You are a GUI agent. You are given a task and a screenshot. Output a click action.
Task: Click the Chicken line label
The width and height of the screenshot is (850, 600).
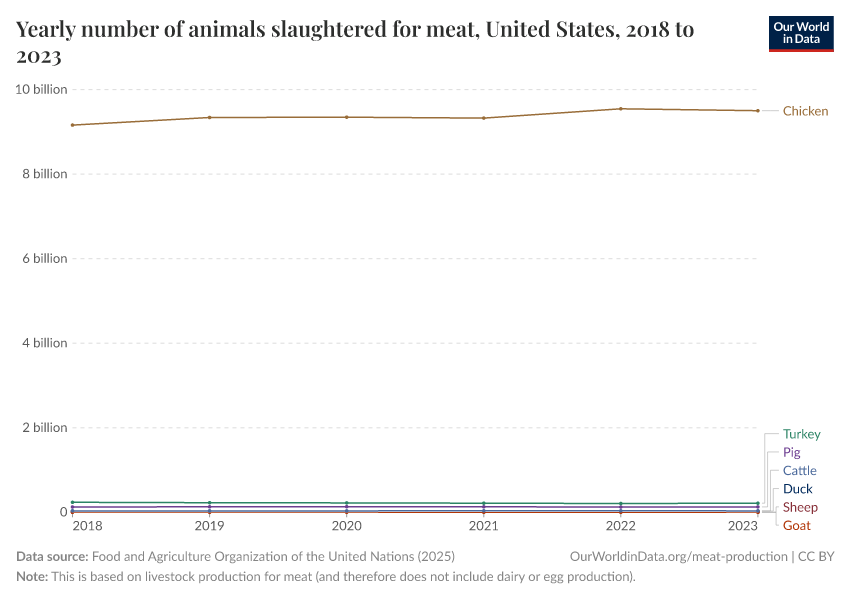(805, 111)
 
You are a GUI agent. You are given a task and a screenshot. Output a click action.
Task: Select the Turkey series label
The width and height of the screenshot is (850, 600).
(801, 434)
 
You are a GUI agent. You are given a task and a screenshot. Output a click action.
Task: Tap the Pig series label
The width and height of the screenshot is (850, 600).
(791, 452)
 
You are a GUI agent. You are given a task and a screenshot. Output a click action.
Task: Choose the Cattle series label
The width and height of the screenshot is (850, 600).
(799, 470)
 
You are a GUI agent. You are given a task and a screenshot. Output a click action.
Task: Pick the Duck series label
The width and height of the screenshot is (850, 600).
(797, 489)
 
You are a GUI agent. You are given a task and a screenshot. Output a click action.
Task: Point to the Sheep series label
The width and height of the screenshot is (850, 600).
(800, 507)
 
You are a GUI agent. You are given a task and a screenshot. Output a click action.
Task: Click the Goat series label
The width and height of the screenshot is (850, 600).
(796, 525)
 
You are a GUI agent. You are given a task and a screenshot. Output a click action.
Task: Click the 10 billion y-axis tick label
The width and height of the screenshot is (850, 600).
(41, 89)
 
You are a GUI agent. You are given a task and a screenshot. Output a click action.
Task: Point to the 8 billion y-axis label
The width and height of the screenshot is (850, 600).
(44, 174)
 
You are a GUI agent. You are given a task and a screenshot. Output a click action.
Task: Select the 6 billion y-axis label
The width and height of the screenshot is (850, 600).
(44, 258)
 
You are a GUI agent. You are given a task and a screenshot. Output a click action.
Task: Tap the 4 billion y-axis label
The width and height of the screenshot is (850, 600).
(44, 343)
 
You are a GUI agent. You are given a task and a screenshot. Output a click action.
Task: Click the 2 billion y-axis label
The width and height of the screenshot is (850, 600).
(44, 427)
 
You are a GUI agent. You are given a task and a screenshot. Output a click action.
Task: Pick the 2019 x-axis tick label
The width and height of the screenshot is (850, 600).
(209, 525)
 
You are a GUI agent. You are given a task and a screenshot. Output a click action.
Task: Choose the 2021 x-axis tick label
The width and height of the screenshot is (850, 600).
(484, 525)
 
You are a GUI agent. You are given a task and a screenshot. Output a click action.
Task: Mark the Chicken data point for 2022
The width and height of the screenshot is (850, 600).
(621, 109)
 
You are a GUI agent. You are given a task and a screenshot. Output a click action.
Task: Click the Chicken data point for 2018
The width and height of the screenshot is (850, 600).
(72, 125)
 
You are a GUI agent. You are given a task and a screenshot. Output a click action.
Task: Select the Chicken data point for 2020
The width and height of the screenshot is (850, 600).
(346, 117)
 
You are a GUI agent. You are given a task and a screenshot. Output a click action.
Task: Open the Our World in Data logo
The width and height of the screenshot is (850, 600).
(801, 33)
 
